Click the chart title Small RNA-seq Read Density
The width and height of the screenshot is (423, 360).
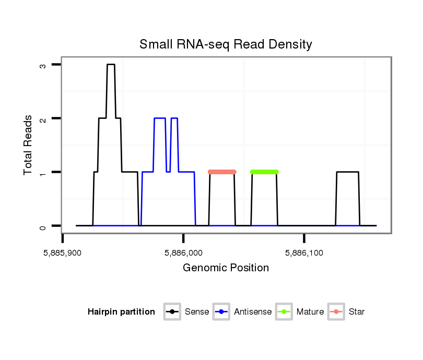click(226, 44)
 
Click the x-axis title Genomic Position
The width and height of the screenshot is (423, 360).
click(226, 268)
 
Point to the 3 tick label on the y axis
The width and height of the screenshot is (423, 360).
click(43, 65)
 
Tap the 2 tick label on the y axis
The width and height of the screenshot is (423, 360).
click(43, 119)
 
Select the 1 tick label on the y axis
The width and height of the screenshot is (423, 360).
click(43, 173)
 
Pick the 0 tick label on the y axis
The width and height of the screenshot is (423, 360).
click(43, 226)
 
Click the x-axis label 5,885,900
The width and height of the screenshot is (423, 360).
click(63, 253)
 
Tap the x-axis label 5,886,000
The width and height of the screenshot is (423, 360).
click(183, 253)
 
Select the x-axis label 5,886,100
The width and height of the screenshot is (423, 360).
click(304, 253)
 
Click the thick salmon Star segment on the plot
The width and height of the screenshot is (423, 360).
click(222, 172)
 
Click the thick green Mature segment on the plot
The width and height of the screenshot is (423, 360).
click(264, 172)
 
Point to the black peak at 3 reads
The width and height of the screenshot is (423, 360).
click(111, 65)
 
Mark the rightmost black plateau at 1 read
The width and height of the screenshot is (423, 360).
click(347, 172)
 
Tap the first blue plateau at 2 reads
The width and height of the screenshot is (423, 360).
click(159, 118)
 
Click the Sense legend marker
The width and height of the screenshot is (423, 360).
click(172, 312)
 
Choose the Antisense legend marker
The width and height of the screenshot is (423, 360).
click(221, 312)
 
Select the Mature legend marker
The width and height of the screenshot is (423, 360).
click(284, 312)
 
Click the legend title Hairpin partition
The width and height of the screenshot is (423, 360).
click(121, 312)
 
